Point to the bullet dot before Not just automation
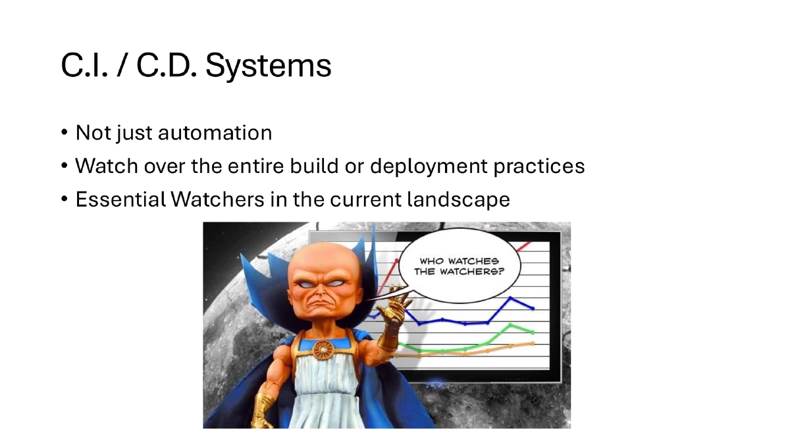65,133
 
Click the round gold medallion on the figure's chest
323,349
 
